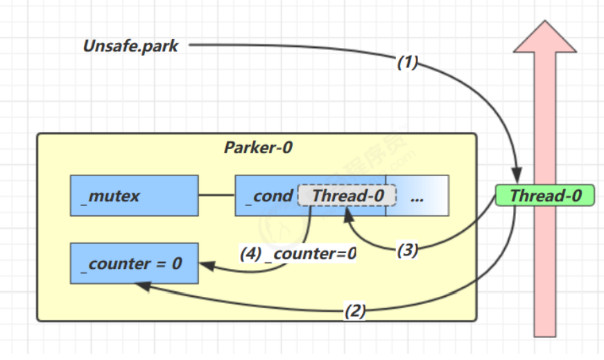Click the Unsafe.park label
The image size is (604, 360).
coord(130,46)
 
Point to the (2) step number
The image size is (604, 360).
coord(355,311)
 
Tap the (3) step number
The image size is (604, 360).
coord(407,250)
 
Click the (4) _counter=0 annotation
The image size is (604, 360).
coord(298,254)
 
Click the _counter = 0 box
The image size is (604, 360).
coord(134,264)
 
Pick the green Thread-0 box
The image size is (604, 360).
coord(546,196)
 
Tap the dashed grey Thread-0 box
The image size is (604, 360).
coord(347,196)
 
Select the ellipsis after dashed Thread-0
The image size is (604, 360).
coord(417,196)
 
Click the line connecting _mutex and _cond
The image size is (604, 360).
coord(216,196)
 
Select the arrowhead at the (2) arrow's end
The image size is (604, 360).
coord(141,285)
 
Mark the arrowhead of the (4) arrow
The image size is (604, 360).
coord(205,264)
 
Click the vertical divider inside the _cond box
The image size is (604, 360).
coord(386,196)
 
